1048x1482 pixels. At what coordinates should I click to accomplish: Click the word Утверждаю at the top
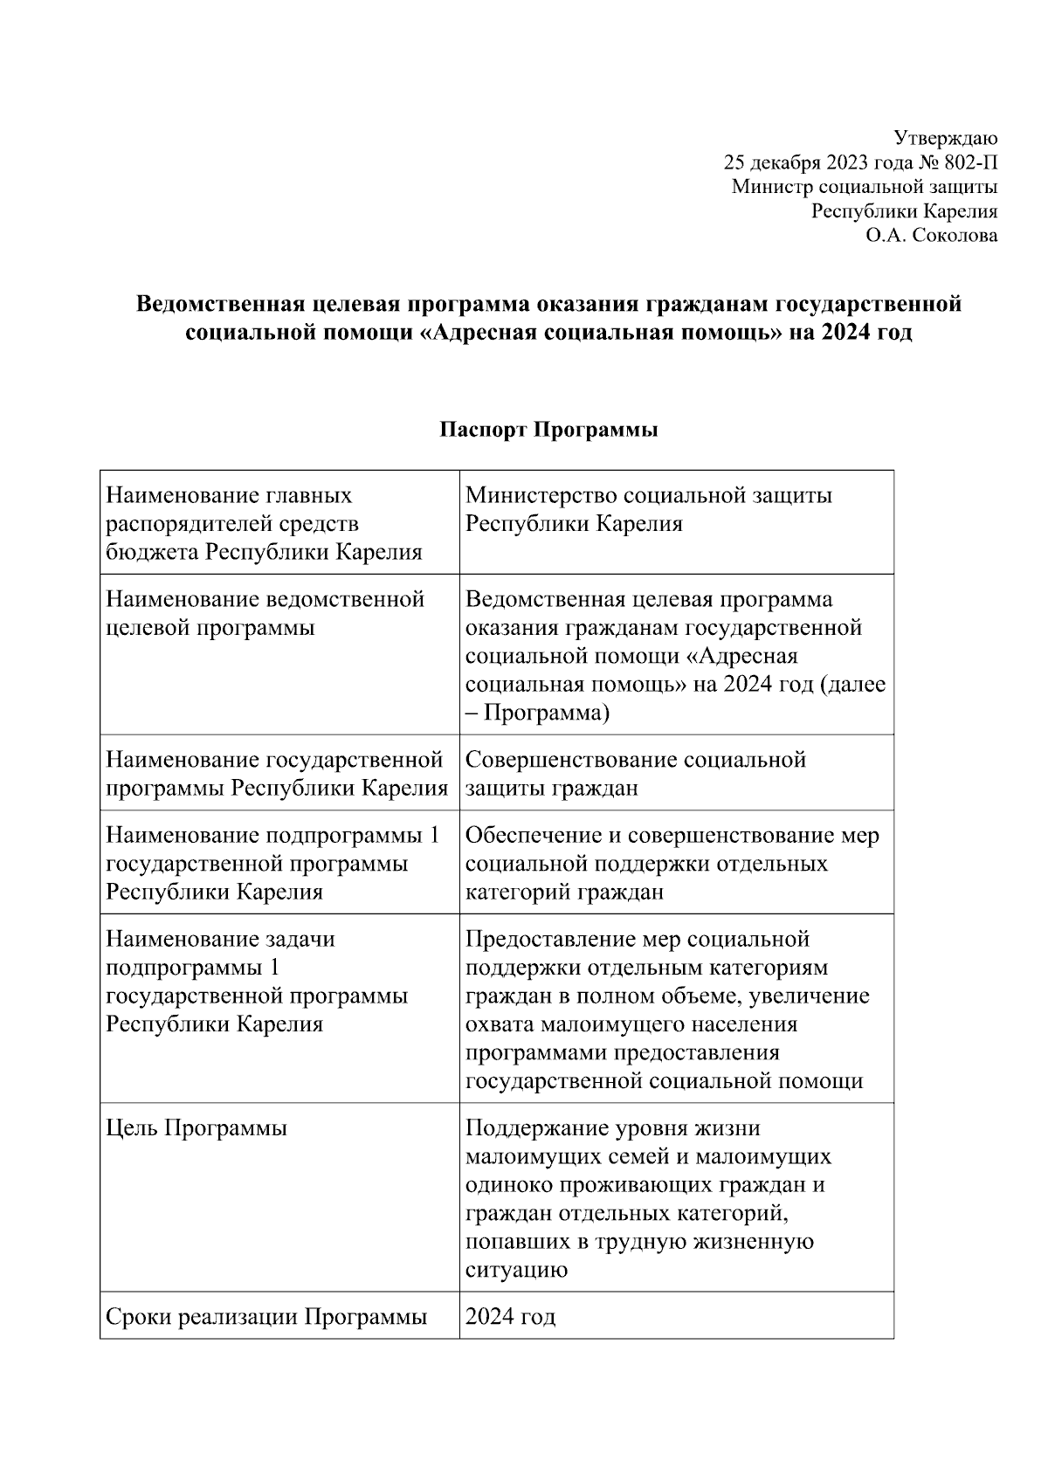tap(946, 138)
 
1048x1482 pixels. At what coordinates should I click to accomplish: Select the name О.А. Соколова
tap(932, 235)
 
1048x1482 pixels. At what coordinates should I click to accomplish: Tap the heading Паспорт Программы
tap(548, 430)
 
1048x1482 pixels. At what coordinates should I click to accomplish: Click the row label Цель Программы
tap(196, 1128)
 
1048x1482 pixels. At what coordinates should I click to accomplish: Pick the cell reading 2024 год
tap(510, 1316)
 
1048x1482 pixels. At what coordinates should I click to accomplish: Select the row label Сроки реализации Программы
tap(266, 1316)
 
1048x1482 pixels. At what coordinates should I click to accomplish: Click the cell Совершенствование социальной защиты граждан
tap(635, 773)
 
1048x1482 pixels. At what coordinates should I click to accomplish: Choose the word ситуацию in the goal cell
tap(516, 1269)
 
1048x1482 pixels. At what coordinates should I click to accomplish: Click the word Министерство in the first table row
tap(541, 496)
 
